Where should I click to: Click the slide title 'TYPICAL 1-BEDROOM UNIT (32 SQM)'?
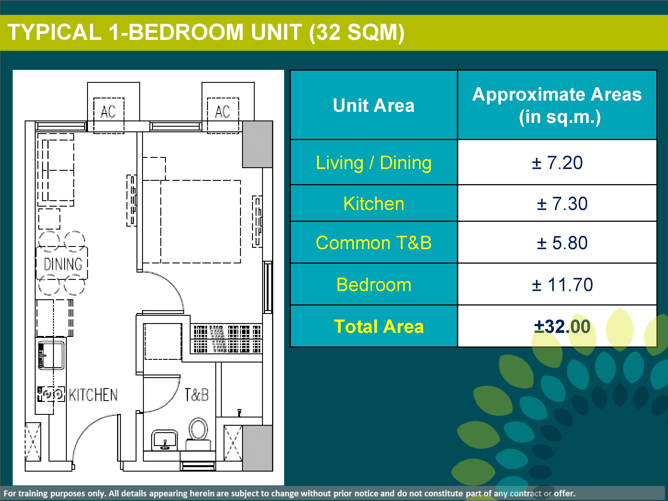[206, 32]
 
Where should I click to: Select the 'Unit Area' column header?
[374, 105]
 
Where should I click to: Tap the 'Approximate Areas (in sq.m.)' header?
[557, 105]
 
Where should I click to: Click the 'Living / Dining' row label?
[374, 163]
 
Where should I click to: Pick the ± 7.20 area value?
[557, 163]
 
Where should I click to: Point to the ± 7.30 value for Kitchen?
[562, 204]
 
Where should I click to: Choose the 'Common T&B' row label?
[374, 243]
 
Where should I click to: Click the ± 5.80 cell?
[562, 243]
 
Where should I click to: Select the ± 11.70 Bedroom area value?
[562, 285]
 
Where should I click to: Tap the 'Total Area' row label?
[379, 326]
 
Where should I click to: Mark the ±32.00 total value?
[562, 326]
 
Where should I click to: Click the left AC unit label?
[108, 112]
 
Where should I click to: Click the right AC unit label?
[223, 112]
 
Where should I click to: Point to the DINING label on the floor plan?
[63, 264]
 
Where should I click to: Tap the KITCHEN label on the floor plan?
[93, 395]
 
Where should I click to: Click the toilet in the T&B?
[198, 434]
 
